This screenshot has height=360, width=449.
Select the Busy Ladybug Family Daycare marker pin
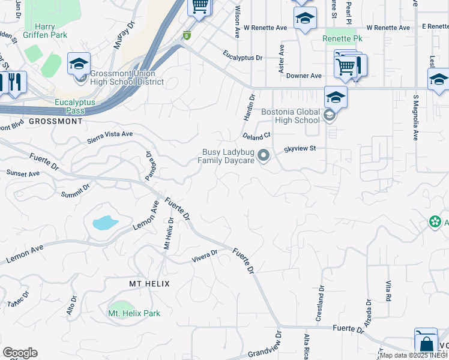[263, 157]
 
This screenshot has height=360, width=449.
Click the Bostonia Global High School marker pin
[329, 116]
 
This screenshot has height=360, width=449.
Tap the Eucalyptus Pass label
[75, 107]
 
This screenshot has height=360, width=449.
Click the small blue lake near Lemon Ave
[104, 223]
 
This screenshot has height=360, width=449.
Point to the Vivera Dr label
[203, 256]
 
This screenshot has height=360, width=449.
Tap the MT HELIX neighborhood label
[149, 283]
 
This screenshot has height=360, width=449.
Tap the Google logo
[20, 353]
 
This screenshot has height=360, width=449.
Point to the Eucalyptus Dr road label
[243, 58]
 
